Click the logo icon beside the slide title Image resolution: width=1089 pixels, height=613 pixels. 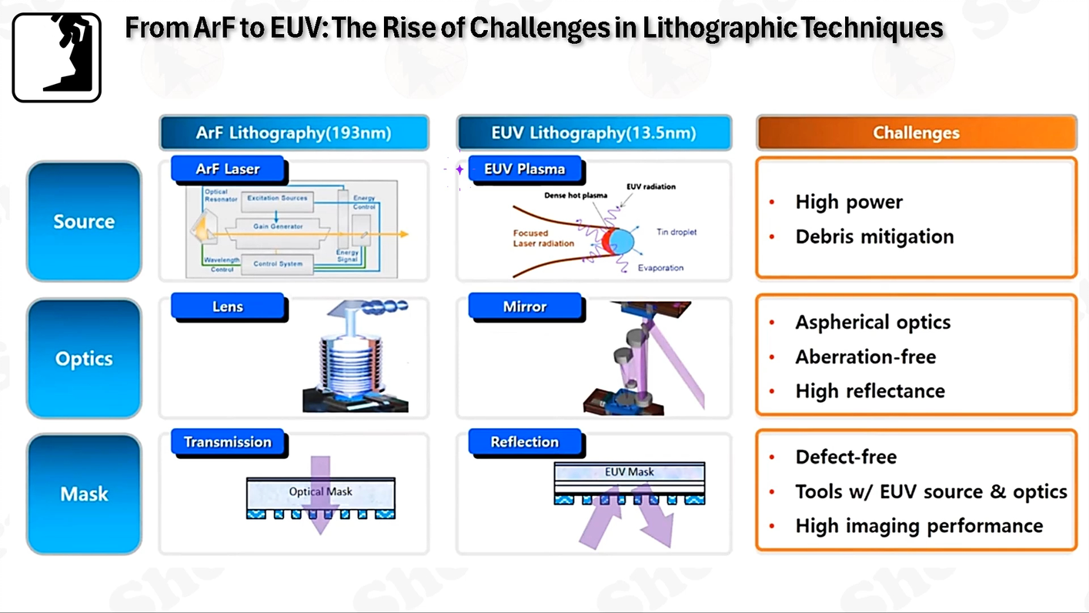click(x=56, y=58)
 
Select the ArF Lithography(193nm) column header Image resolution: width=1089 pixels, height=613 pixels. click(x=293, y=132)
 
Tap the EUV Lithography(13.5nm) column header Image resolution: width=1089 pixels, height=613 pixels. click(x=593, y=132)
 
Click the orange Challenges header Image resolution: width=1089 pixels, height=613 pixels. click(x=916, y=132)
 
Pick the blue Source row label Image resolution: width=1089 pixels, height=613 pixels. click(x=84, y=222)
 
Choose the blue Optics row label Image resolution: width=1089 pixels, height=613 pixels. click(x=84, y=359)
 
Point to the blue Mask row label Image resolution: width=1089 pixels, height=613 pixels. click(x=84, y=494)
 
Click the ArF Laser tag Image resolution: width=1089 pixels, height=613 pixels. click(x=227, y=169)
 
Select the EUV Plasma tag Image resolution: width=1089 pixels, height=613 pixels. click(x=525, y=169)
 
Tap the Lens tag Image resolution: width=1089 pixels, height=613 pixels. click(x=227, y=306)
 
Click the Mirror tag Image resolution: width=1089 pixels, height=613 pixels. click(x=525, y=306)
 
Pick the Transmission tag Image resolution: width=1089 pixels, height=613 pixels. click(x=227, y=442)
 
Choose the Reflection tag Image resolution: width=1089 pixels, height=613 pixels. click(x=525, y=442)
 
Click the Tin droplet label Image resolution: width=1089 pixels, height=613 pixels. click(x=676, y=232)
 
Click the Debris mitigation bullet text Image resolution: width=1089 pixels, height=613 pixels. click(x=874, y=236)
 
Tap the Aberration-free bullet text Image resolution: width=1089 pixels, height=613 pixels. click(x=866, y=357)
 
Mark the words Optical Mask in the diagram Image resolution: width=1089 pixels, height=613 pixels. click(x=320, y=491)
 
